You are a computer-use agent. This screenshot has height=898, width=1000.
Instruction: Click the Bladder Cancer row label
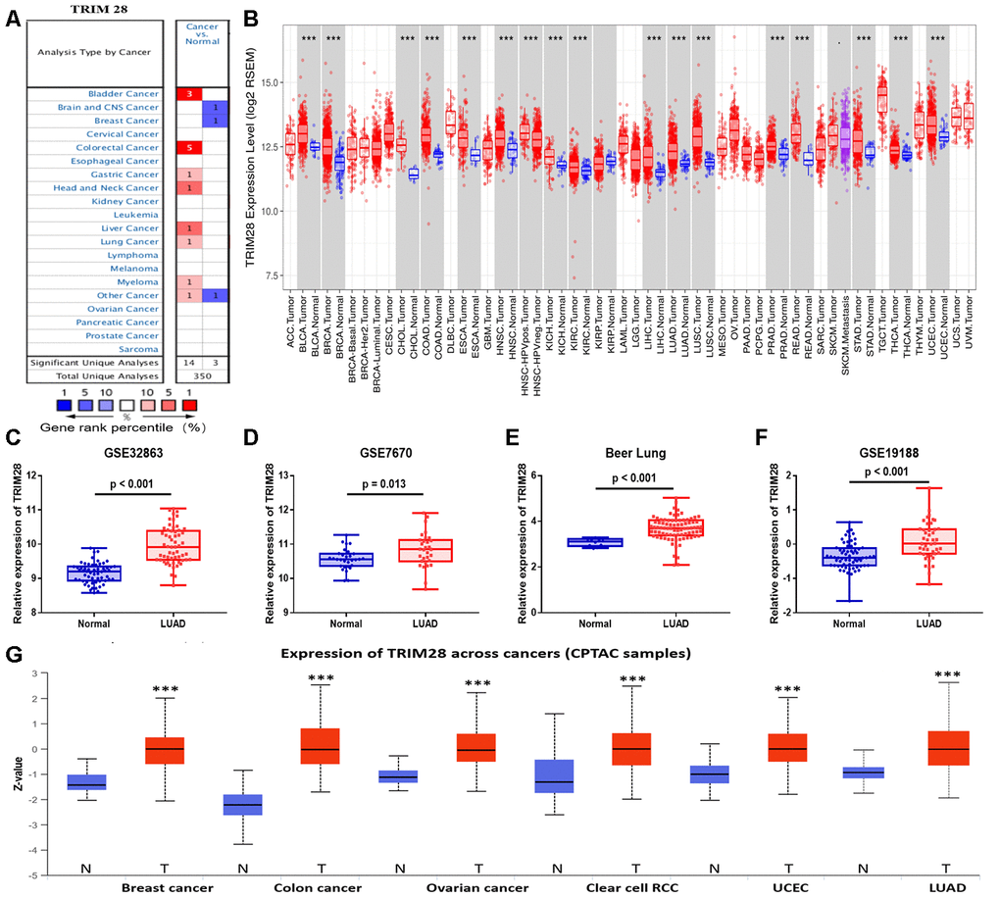pos(128,93)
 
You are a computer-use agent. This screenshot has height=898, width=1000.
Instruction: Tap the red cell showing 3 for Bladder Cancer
pos(189,93)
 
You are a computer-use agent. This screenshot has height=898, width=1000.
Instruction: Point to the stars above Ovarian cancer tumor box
pos(478,683)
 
